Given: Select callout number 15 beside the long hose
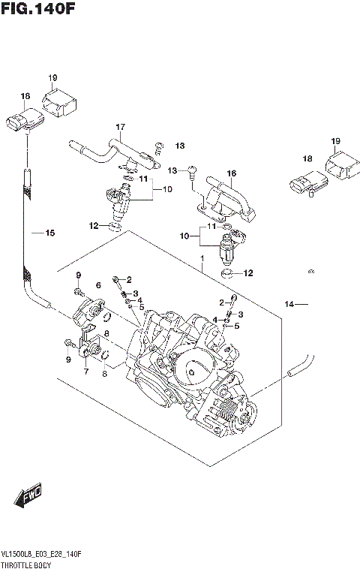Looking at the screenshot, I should tap(50, 233).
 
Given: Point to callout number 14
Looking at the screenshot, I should tap(289, 304).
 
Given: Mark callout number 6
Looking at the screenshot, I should tap(98, 286).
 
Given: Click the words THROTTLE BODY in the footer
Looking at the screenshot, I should tap(27, 562).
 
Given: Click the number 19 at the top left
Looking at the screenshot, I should tap(52, 78).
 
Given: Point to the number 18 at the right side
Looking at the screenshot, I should tap(307, 159).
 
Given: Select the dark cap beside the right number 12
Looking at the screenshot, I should tap(229, 274).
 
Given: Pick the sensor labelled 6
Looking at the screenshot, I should tap(93, 309).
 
